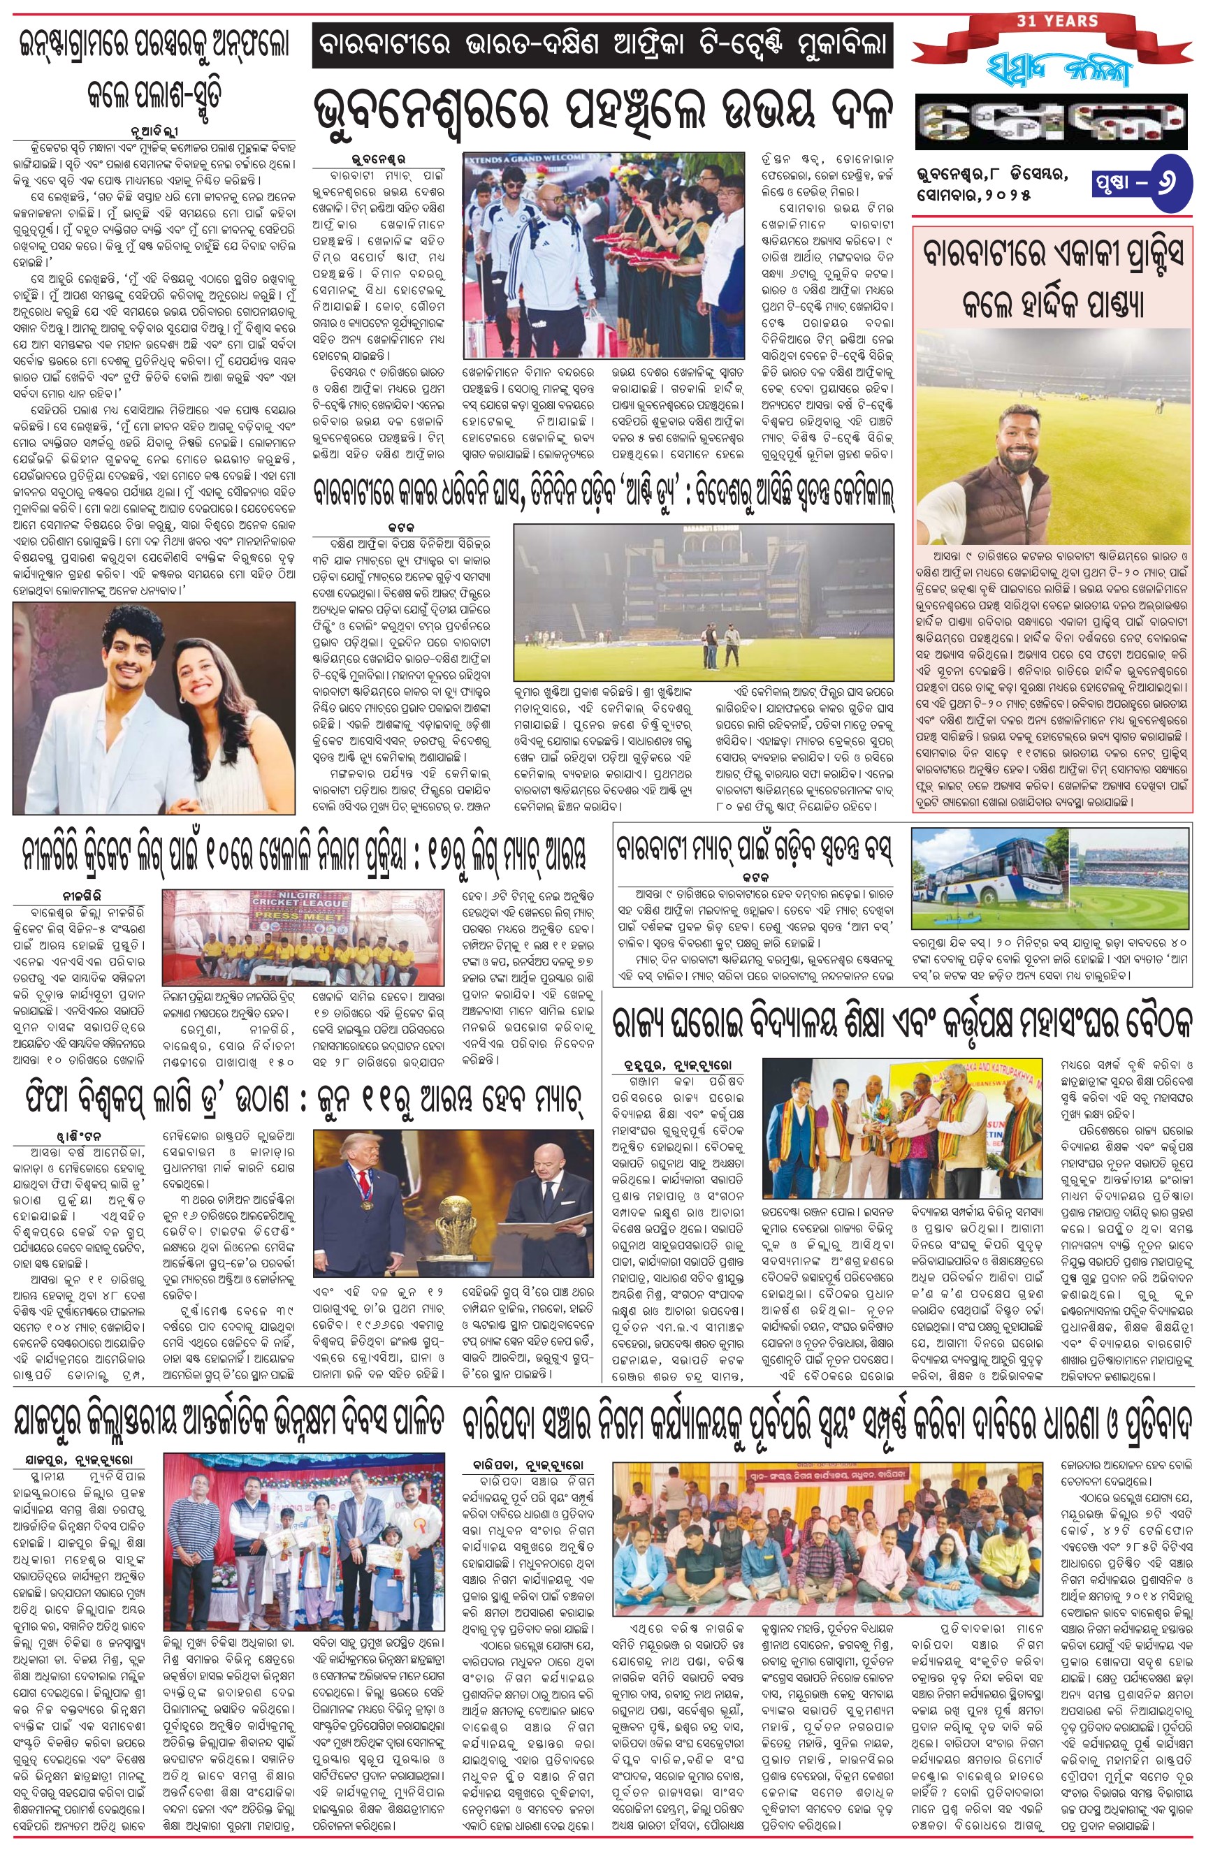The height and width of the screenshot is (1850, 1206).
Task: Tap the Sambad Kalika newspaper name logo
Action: pyautogui.click(x=1049, y=70)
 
